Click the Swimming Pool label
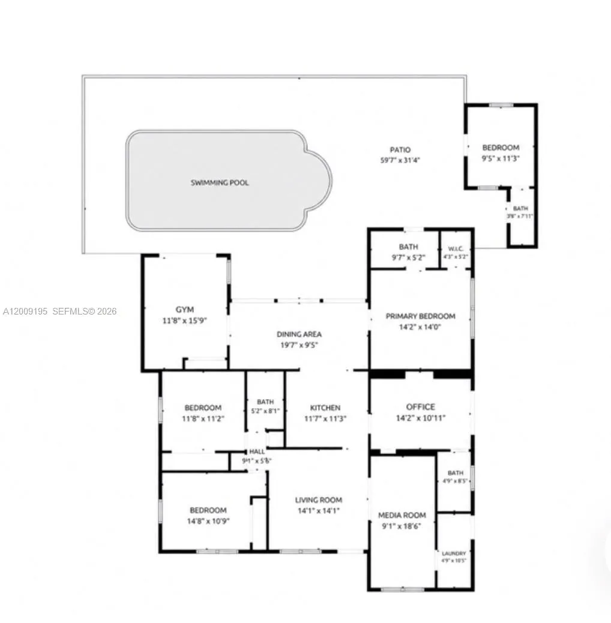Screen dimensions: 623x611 pos(220,182)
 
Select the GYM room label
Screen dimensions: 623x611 pos(185,310)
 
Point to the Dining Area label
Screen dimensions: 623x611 pos(299,334)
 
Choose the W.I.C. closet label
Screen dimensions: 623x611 pos(454,248)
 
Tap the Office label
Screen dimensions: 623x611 pos(420,407)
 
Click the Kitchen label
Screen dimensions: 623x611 pos(325,408)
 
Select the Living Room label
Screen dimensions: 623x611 pos(319,499)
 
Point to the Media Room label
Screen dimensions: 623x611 pos(402,515)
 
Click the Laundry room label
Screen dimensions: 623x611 pos(454,553)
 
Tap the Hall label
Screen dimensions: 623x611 pos(257,451)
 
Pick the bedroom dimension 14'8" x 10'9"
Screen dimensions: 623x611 pos(208,521)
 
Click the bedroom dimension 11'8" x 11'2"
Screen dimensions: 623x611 pos(203,418)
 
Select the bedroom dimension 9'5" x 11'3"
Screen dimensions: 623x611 pos(501,158)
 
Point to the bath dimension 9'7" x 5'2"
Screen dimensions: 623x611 pos(409,257)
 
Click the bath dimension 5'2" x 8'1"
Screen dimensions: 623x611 pos(265,411)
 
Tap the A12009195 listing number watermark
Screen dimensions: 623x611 pos(25,311)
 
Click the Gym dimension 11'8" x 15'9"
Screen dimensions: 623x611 pos(185,321)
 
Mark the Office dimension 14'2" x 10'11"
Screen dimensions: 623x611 pos(420,418)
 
